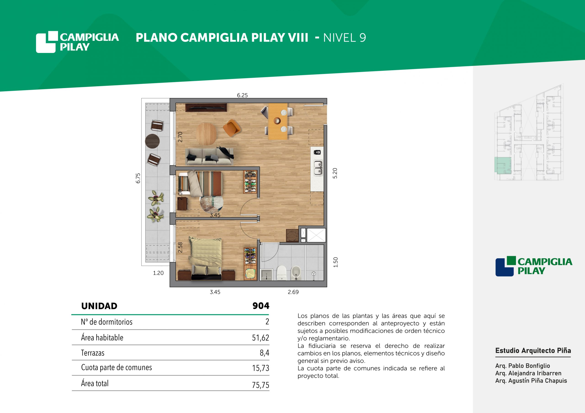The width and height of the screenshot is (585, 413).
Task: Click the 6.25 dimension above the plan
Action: point(242,95)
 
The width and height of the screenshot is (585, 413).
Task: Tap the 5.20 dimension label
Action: point(335,173)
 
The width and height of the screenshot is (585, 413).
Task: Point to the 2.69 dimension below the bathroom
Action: point(293,292)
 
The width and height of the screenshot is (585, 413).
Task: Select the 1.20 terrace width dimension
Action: point(158,273)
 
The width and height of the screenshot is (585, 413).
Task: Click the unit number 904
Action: point(261,306)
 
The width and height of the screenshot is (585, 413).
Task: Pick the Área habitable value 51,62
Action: point(261,338)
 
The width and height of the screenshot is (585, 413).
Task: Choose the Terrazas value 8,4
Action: point(264,353)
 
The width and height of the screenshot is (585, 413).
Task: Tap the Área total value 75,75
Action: point(261,385)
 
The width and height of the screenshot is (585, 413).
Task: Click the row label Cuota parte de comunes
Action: point(117,367)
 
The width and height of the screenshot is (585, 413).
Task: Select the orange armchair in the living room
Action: point(232,128)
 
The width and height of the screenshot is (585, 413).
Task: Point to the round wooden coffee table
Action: point(206,134)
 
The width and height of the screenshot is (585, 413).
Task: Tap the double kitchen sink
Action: point(318,168)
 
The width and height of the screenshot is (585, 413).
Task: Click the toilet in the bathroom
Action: point(282,273)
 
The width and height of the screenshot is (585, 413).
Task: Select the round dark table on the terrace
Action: point(152,141)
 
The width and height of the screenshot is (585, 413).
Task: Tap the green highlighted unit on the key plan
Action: point(503,165)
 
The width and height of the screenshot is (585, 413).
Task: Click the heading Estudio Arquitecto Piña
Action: point(533,351)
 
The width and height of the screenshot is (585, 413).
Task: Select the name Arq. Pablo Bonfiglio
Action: point(523,366)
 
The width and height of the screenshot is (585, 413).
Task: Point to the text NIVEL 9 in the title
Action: point(344,38)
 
